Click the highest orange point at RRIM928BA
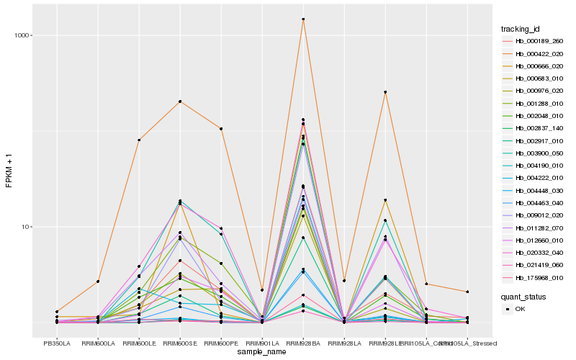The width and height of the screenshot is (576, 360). point(303,19)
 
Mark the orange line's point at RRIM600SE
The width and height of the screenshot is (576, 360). point(180,102)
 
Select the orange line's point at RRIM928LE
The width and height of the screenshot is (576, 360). point(385,92)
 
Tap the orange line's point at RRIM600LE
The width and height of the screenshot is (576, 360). point(139,140)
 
